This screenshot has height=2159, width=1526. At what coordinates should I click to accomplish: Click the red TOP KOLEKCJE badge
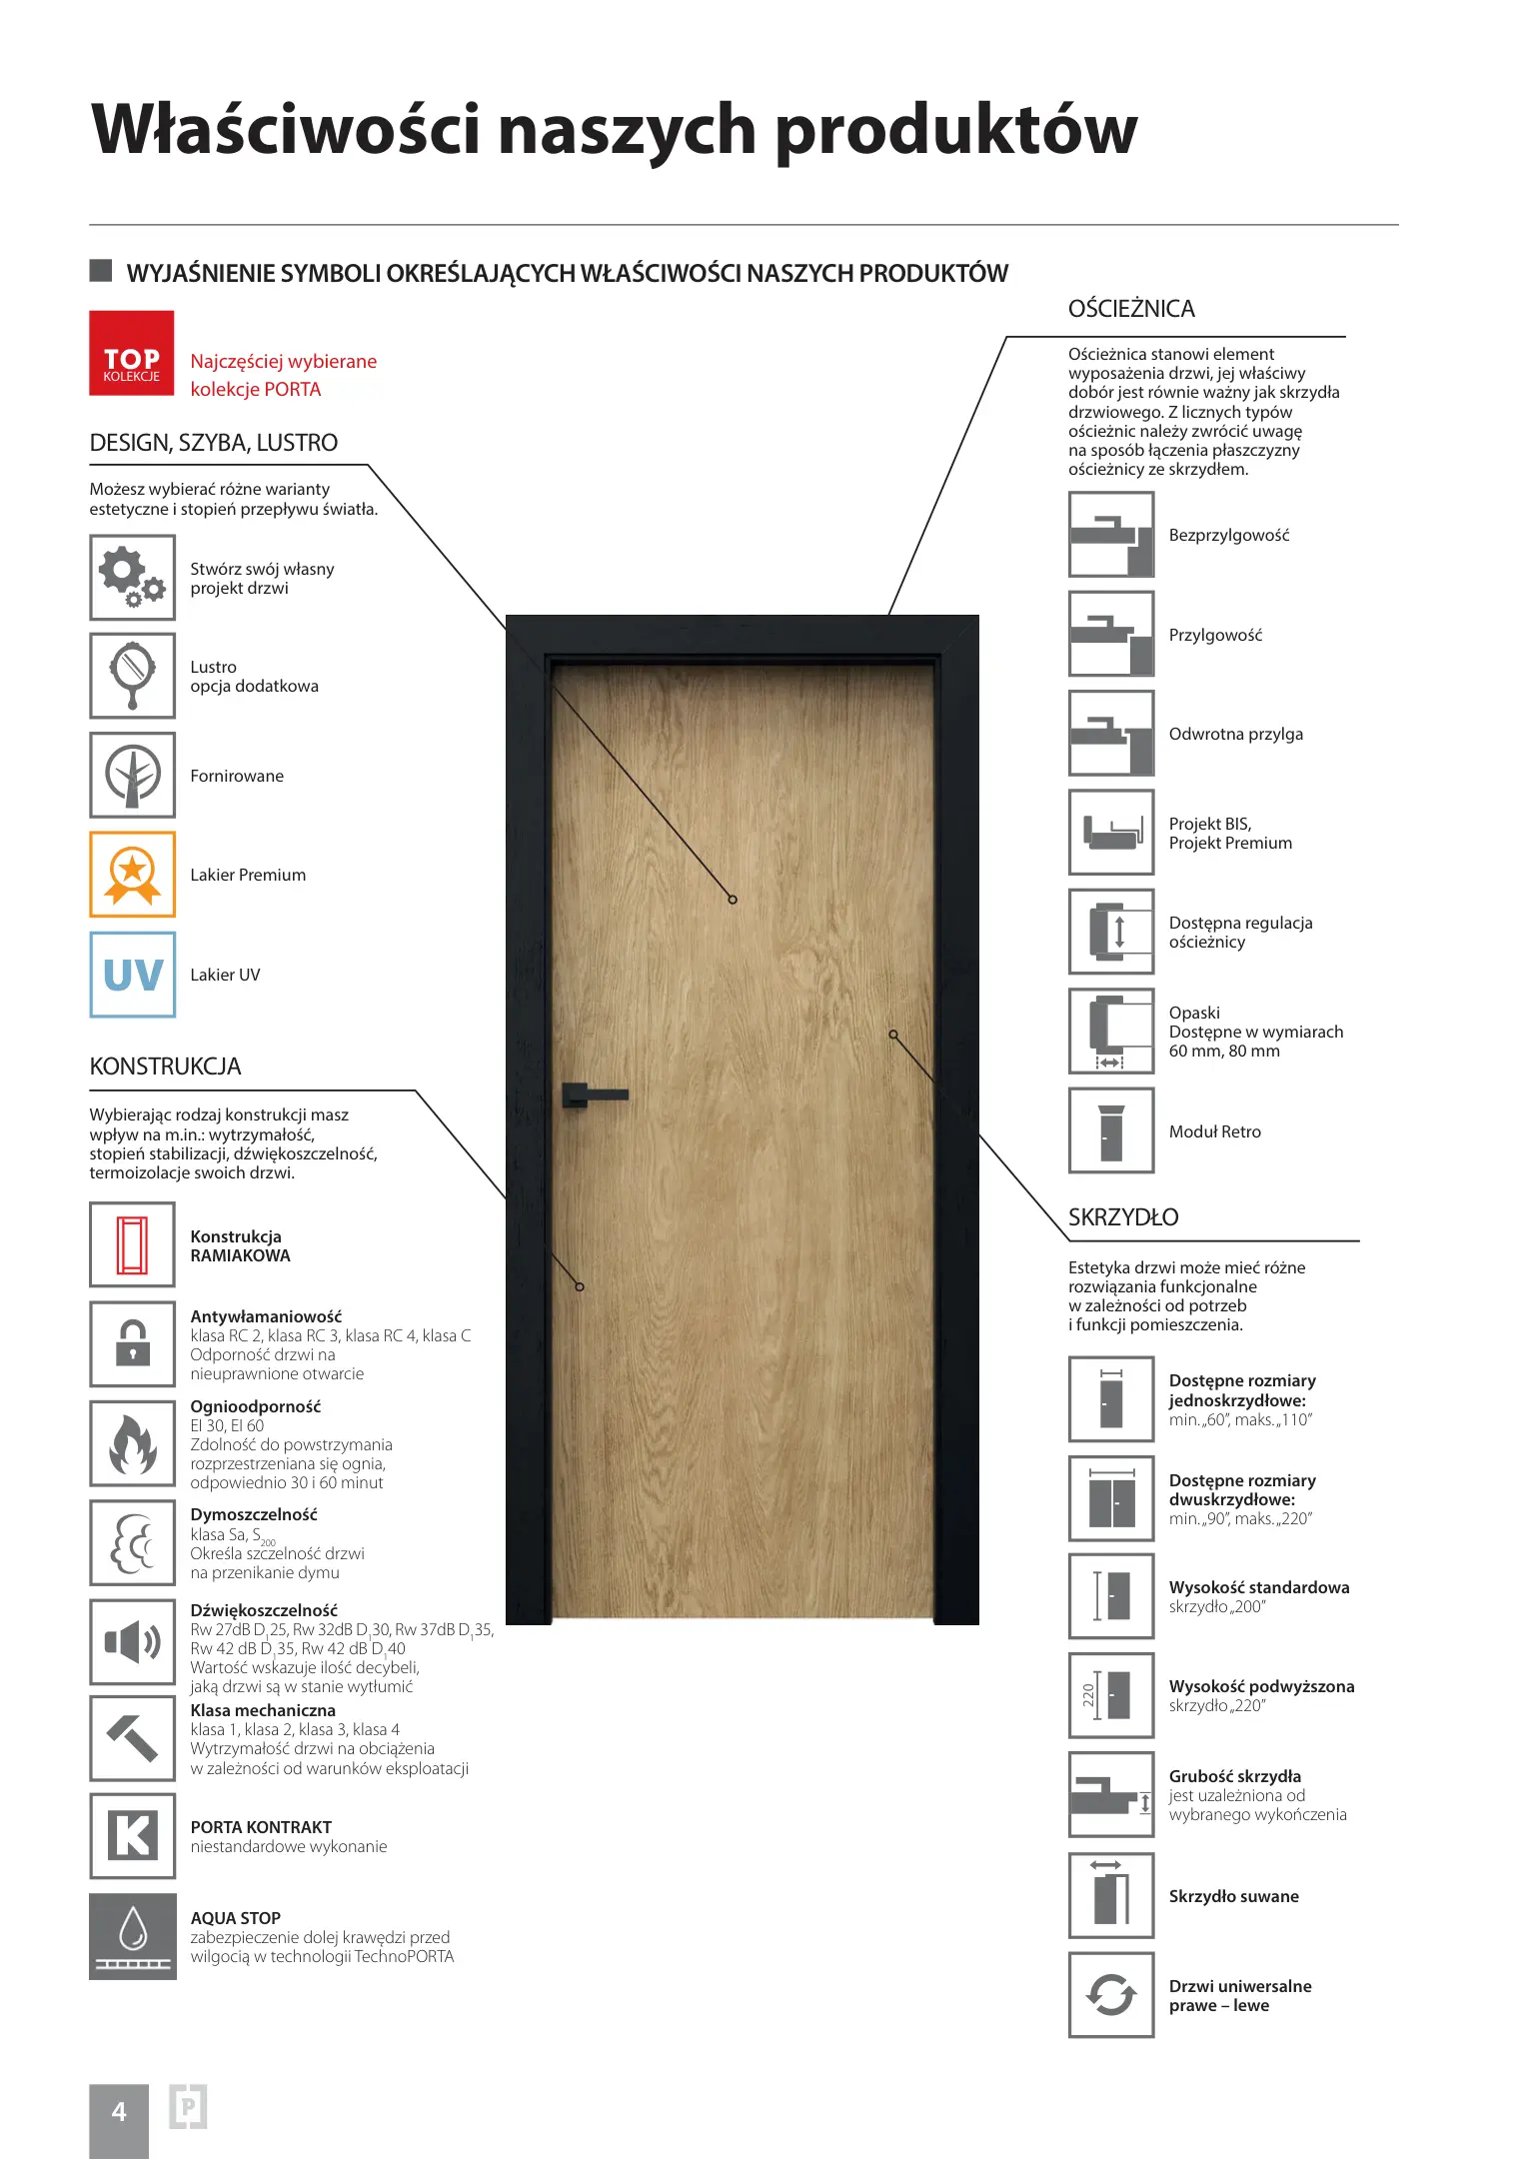132,353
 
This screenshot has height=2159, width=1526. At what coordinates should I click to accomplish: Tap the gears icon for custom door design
132,577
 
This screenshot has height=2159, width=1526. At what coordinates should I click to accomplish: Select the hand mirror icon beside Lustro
132,676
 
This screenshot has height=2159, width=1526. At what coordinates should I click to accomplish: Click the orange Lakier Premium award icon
132,875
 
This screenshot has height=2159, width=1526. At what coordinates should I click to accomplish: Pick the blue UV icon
132,975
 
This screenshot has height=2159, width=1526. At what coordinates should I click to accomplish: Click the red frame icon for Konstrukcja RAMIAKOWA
132,1244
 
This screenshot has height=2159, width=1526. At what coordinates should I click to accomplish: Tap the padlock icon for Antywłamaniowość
132,1343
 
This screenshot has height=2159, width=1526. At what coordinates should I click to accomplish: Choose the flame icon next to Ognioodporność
132,1443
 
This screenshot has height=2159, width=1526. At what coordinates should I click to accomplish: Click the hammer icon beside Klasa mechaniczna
132,1738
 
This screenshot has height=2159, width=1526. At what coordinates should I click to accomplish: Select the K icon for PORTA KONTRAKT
132,1835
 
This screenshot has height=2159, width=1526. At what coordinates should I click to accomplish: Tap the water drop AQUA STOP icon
132,1935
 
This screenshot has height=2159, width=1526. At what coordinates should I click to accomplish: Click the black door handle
594,1094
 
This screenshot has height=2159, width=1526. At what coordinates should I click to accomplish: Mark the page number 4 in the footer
119,2112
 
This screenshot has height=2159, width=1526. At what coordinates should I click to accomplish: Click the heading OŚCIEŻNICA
1131,309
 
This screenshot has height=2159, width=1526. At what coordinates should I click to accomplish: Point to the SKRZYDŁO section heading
1123,1217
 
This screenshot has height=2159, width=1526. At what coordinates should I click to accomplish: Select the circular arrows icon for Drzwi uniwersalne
1111,1995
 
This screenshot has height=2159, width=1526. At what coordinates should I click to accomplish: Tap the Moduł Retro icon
1111,1130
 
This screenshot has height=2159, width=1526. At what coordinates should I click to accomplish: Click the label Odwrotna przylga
1235,734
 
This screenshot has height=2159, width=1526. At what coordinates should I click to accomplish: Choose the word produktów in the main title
955,131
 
